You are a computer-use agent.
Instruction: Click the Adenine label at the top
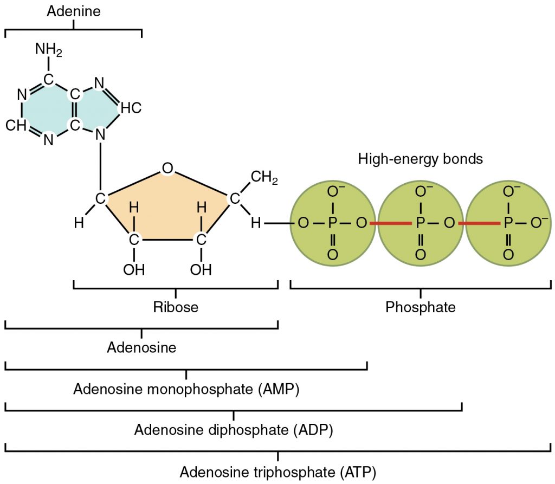pyautogui.click(x=73, y=11)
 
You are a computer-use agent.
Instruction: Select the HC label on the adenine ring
pyautogui.click(x=131, y=108)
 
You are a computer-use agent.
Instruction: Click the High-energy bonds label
pyautogui.click(x=420, y=159)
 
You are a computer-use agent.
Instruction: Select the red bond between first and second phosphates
pyautogui.click(x=390, y=223)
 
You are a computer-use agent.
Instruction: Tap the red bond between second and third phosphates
pyautogui.click(x=479, y=223)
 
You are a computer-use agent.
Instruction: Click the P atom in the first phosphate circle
pyautogui.click(x=332, y=223)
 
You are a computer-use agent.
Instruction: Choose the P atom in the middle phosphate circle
pyautogui.click(x=420, y=223)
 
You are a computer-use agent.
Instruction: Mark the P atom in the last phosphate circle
pyautogui.click(x=508, y=223)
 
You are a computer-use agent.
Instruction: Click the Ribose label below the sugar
pyautogui.click(x=175, y=307)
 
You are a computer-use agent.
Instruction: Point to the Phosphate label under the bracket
pyautogui.click(x=420, y=307)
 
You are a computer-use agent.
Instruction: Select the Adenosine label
pyautogui.click(x=141, y=347)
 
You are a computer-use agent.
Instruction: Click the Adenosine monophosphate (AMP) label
pyautogui.click(x=186, y=389)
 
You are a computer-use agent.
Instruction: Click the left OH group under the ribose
pyautogui.click(x=134, y=269)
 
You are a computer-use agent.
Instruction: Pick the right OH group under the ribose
pyautogui.click(x=201, y=269)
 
